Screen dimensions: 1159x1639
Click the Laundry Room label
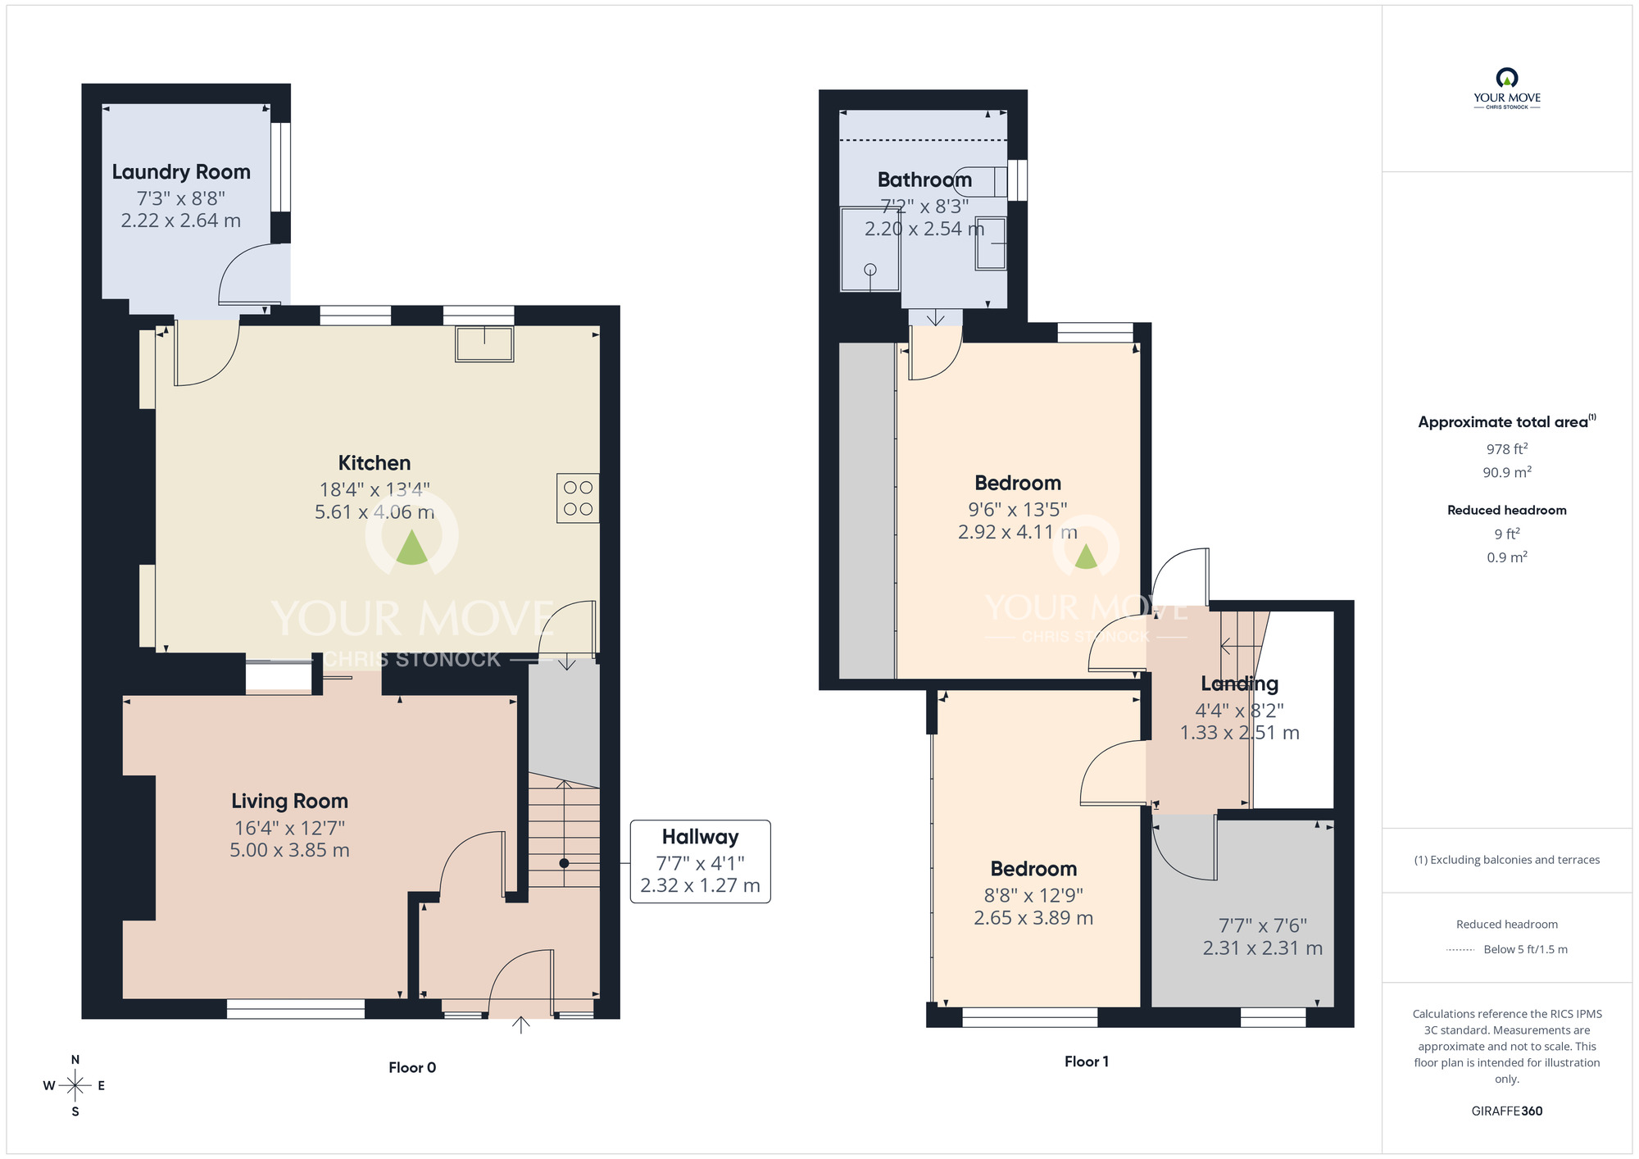pos(181,172)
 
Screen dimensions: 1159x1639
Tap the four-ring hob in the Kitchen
pos(578,498)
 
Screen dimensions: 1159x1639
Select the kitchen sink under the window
pos(484,343)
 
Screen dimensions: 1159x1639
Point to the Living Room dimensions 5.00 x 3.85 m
pos(289,850)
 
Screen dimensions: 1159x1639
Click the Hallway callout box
pos(700,861)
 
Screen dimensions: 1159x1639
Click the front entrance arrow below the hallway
pos(520,1025)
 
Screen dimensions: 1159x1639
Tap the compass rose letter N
pos(75,1060)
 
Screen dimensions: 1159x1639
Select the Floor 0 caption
pos(412,1067)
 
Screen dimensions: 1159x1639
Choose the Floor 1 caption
pos(1086,1061)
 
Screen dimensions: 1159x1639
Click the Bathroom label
pos(924,180)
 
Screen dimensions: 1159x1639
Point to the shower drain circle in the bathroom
pos(870,270)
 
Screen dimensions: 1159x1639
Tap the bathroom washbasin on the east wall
pos(991,243)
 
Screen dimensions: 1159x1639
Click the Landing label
pos(1239,684)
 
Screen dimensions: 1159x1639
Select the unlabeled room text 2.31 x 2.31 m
pos(1262,948)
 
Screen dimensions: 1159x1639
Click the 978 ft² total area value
pos(1506,449)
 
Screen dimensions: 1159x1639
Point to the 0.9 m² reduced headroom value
pos(1506,557)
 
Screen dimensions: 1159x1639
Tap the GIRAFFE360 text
pos(1506,1111)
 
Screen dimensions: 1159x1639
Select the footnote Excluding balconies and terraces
pos(1506,860)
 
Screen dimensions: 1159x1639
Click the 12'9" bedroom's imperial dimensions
pos(1033,895)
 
